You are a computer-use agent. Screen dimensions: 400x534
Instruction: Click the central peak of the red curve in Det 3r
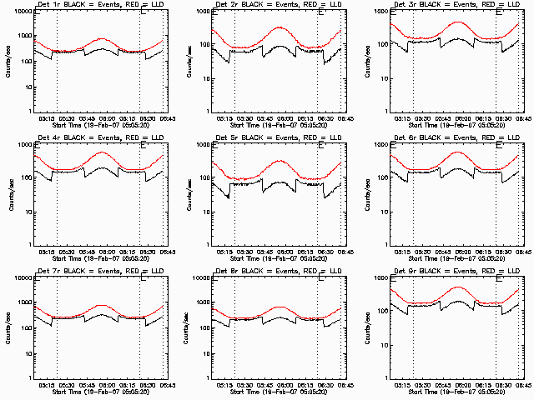pos(457,22)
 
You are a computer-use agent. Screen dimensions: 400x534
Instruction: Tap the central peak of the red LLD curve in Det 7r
pos(101,305)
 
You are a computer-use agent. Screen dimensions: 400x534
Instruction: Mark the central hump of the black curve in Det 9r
pos(457,300)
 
